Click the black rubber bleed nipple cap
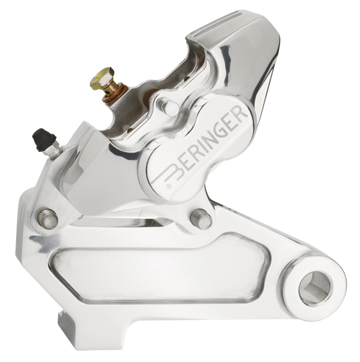coord(44,139)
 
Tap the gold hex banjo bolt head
coord(102,78)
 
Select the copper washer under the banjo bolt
coord(115,95)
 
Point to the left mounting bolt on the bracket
coord(48,219)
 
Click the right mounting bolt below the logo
coord(201,219)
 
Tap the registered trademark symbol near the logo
coord(169,186)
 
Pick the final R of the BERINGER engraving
coord(238,115)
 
